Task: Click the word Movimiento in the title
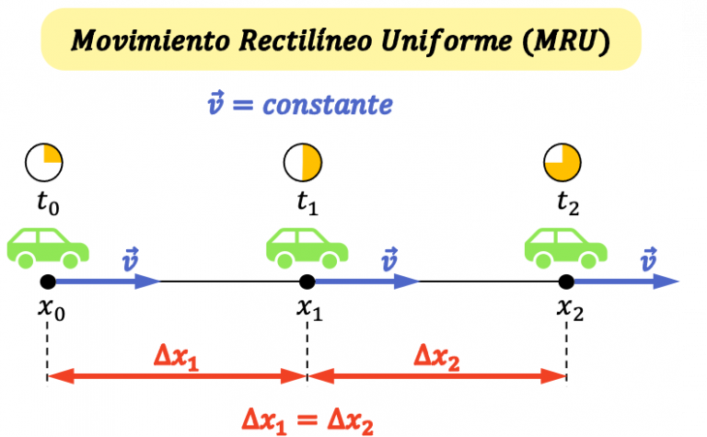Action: pyautogui.click(x=145, y=40)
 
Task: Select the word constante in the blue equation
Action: pyautogui.click(x=327, y=105)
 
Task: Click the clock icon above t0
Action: pyautogui.click(x=44, y=163)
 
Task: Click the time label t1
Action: pyautogui.click(x=306, y=205)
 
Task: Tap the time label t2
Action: pyautogui.click(x=566, y=205)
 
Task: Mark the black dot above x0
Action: pyautogui.click(x=48, y=282)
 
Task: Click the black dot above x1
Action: pyautogui.click(x=307, y=282)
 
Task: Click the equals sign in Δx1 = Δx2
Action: pyautogui.click(x=307, y=419)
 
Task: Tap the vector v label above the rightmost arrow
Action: pyautogui.click(x=650, y=259)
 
